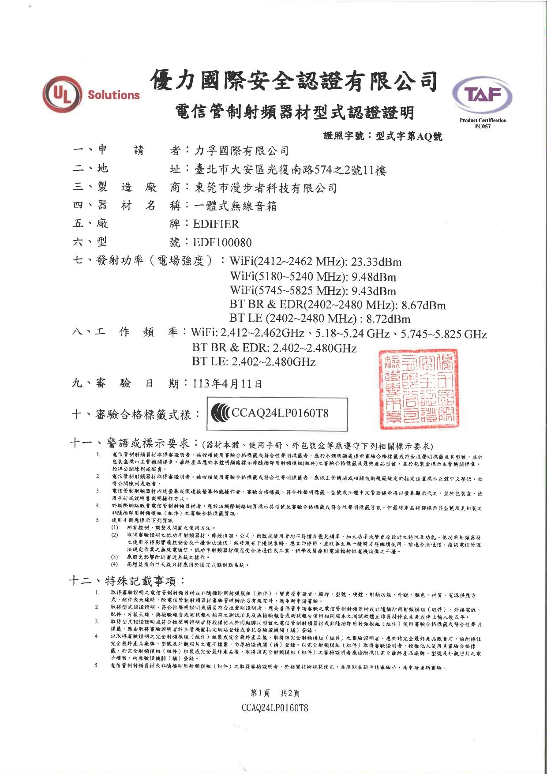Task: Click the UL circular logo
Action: pyautogui.click(x=62, y=95)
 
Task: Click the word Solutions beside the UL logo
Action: pyautogui.click(x=113, y=95)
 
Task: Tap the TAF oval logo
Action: pyautogui.click(x=483, y=95)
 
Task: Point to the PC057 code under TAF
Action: pyautogui.click(x=483, y=126)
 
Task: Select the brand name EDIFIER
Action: pyautogui.click(x=216, y=224)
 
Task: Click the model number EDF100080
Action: pyautogui.click(x=222, y=242)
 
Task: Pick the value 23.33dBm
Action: pyautogui.click(x=376, y=262)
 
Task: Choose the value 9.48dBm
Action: pyautogui.click(x=374, y=277)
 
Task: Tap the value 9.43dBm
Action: pyautogui.click(x=374, y=291)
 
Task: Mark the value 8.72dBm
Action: pyautogui.click(x=388, y=319)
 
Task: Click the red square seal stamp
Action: pyautogui.click(x=419, y=389)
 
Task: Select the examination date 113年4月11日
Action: pyautogui.click(x=227, y=383)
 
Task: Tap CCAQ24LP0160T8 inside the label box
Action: pyautogui.click(x=280, y=413)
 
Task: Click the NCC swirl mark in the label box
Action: pyautogui.click(x=220, y=413)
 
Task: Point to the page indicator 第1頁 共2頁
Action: pyautogui.click(x=275, y=693)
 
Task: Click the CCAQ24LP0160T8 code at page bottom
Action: pyautogui.click(x=275, y=708)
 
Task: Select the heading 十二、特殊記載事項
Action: pyautogui.click(x=127, y=581)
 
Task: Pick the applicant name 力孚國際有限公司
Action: pyautogui.click(x=242, y=151)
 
